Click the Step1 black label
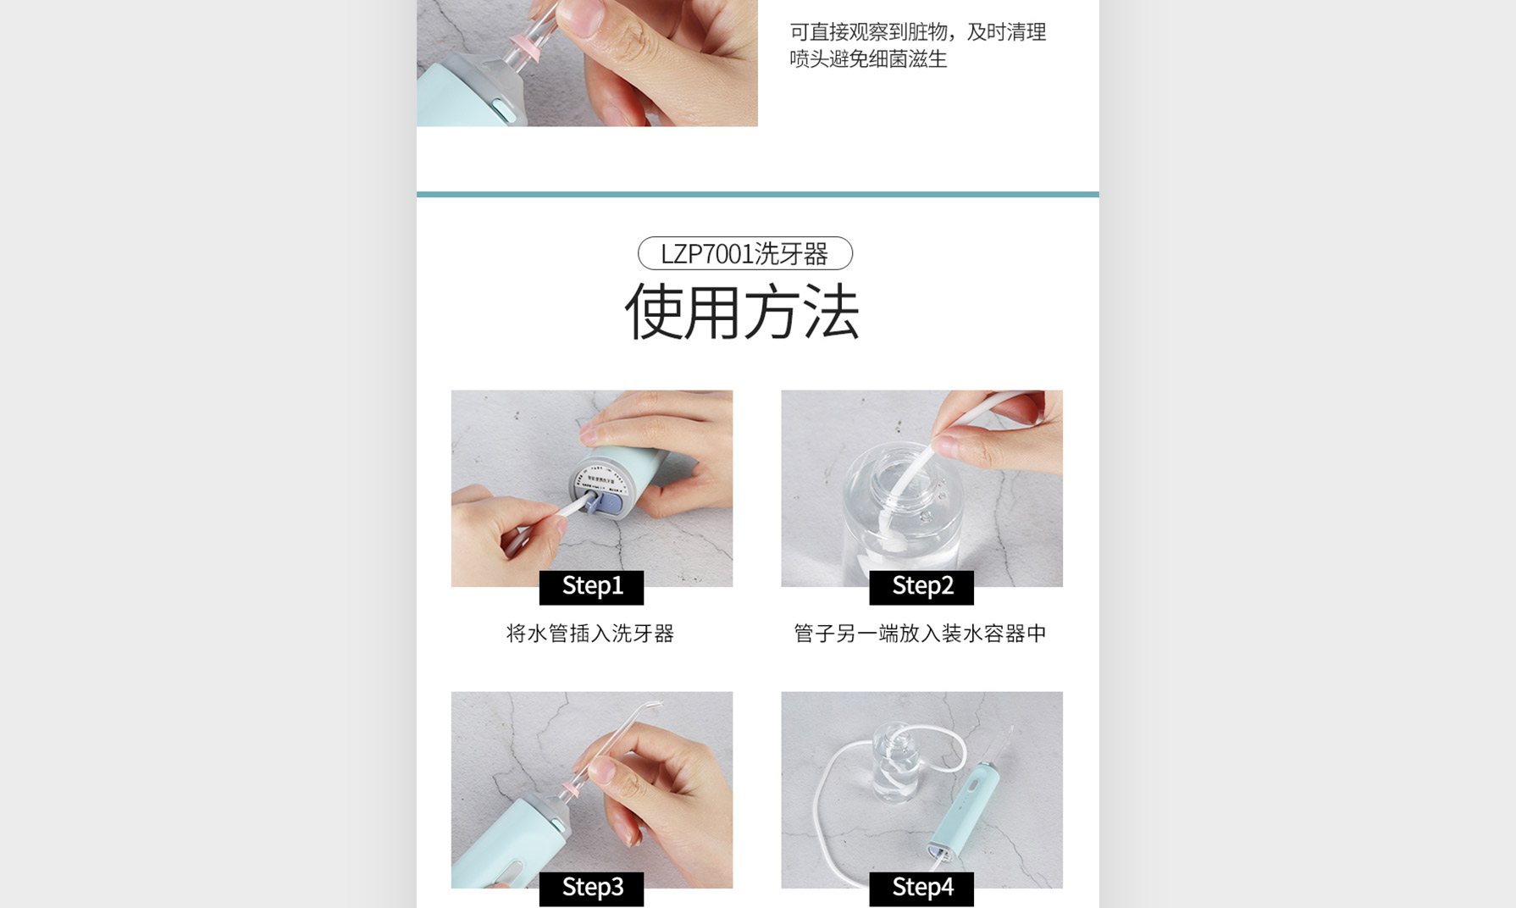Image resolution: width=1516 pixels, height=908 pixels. pos(591,587)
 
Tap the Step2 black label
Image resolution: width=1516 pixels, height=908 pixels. pos(921,587)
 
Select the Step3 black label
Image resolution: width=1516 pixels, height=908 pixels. pos(591,889)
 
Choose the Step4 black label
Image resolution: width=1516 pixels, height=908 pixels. pos(921,889)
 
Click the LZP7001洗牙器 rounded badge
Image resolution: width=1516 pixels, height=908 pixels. pos(745,253)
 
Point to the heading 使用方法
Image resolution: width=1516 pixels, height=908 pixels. pos(743,312)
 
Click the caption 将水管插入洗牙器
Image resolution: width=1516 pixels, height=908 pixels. pos(590,634)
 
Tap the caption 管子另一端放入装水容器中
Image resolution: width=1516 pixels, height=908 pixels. pos(921,634)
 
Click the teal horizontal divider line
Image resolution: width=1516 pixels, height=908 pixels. pos(758,194)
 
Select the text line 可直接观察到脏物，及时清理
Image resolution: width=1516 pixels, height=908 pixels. pos(918,32)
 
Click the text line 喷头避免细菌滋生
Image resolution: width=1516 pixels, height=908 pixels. pos(868,59)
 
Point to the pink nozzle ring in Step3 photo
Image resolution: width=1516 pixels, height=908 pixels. pos(572,789)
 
